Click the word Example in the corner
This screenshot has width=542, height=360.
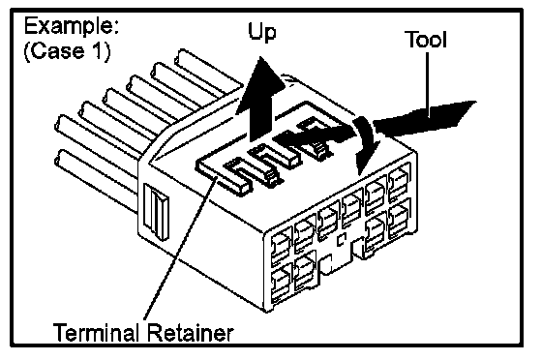(72, 26)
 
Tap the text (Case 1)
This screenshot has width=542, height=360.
(67, 51)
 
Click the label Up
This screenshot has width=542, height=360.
(262, 33)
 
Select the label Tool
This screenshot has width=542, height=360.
(426, 39)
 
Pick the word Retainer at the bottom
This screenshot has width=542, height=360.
(190, 332)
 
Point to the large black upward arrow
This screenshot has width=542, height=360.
(260, 101)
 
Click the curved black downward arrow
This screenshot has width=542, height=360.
(367, 145)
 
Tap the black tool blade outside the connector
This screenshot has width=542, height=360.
(425, 118)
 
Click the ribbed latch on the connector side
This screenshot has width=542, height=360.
(156, 212)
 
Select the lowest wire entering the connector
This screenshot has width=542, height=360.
(97, 180)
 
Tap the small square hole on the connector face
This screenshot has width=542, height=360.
(341, 239)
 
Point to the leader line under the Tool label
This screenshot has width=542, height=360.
(427, 84)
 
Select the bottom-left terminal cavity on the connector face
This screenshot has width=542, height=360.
(281, 284)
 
